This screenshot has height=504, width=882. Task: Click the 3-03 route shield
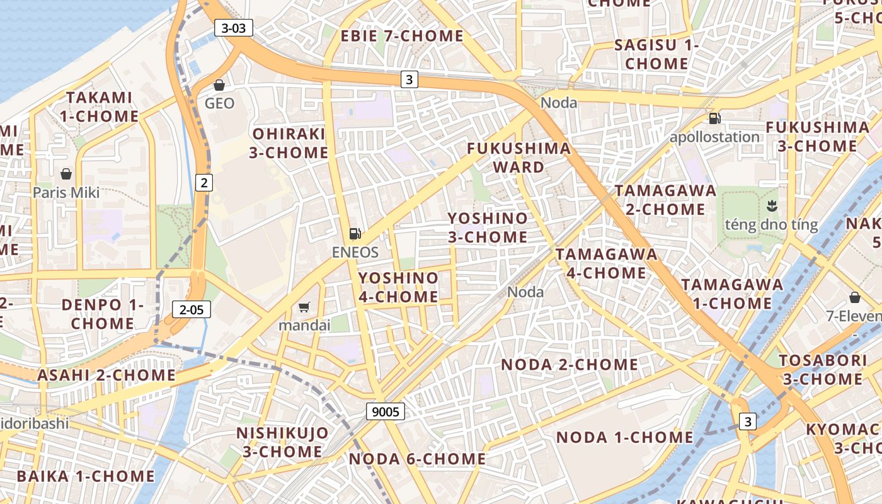pos(234,28)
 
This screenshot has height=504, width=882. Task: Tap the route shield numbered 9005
pos(385,412)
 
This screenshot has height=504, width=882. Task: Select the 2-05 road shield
pos(191,309)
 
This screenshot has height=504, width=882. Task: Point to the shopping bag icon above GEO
pos(219,85)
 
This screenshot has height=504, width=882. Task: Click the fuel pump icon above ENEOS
pos(355,234)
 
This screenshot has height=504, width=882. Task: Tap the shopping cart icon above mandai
pos(304,307)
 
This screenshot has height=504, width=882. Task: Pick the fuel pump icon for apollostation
pos(714,118)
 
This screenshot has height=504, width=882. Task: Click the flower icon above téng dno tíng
pos(771,205)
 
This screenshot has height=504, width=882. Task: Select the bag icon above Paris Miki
pos(66,174)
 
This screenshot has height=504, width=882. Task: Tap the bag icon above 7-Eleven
pos(855,297)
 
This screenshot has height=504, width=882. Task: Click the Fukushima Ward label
pos(518,157)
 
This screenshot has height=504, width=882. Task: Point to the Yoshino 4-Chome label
pos(398,287)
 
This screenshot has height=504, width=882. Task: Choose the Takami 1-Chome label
pos(100,107)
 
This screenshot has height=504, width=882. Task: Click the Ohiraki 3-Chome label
pos(290,143)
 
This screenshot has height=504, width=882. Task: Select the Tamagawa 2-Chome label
pos(665,200)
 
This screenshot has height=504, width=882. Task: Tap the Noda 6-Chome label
pos(417,459)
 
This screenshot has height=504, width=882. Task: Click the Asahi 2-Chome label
pos(106,375)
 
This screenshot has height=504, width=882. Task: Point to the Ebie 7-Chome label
pos(402,37)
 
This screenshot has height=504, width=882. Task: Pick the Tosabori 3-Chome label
pos(822,370)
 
